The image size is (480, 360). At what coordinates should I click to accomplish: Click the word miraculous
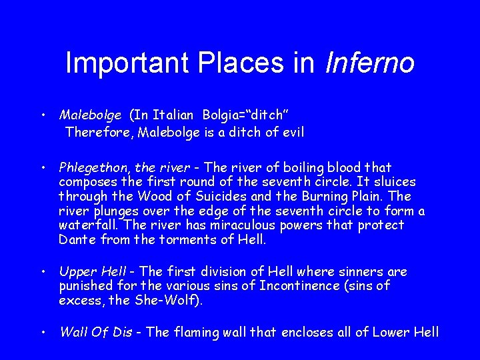[230, 225]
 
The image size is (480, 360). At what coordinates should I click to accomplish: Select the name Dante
[76, 240]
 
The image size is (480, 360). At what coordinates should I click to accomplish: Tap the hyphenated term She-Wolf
[171, 301]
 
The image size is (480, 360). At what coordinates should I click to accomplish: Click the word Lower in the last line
[390, 331]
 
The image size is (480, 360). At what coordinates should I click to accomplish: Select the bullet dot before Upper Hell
[43, 272]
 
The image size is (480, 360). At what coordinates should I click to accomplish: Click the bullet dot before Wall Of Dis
[43, 331]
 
